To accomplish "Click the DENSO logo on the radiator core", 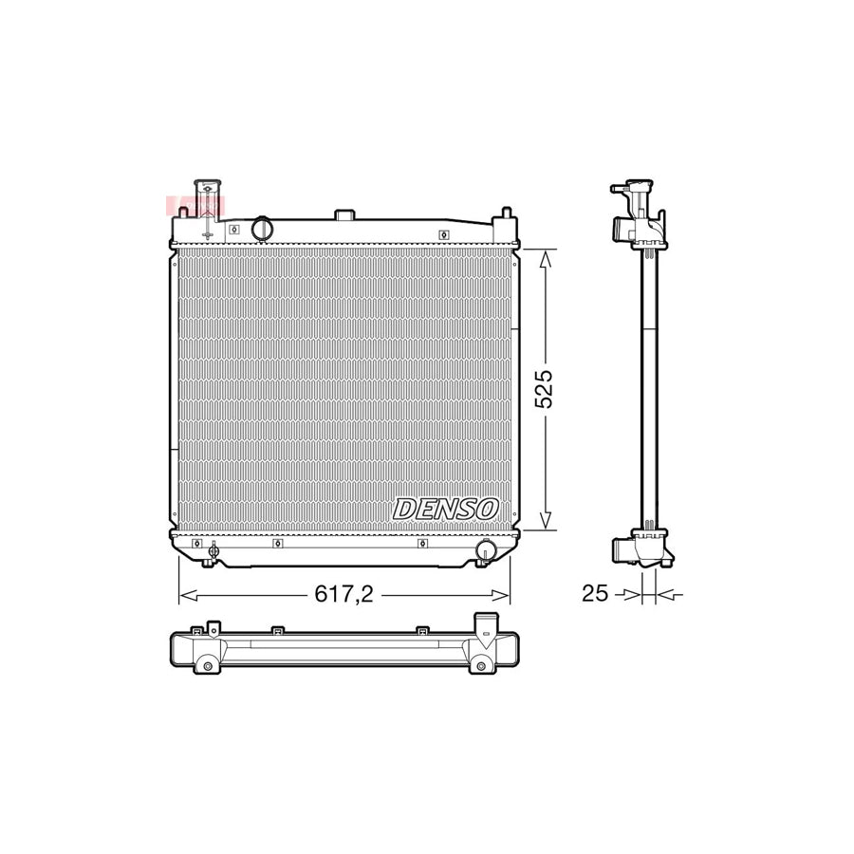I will (445, 509).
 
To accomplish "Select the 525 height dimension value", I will (544, 389).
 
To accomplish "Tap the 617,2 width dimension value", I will (344, 594).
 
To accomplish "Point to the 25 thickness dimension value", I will (594, 594).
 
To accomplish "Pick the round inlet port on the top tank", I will (262, 229).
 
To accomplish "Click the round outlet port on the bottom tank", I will (486, 549).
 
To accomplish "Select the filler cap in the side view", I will (630, 185).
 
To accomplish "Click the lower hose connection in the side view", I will (626, 550).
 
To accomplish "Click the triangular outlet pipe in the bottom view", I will (486, 631).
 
